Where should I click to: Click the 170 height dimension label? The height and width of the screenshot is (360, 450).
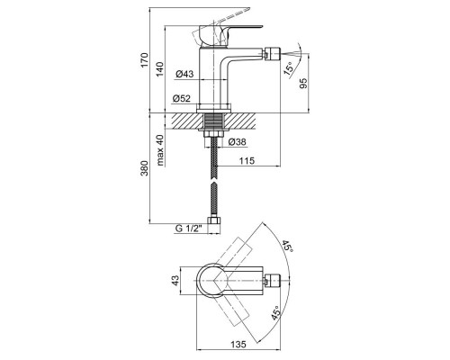pos(145,60)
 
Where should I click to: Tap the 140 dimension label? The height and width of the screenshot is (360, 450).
pos(160,69)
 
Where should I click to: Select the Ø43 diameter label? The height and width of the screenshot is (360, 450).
pos(184,74)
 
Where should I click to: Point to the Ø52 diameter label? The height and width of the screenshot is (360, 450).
pos(182,98)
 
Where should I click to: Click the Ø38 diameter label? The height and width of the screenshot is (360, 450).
pos(237,142)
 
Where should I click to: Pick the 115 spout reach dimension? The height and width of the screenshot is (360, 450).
pos(247,161)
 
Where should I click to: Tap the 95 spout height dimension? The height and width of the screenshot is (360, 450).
pos(303,83)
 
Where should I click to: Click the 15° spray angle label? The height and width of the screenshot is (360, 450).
pos(289,68)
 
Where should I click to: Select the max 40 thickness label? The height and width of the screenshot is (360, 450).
pos(160,150)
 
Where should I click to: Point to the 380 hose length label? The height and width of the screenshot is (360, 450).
pos(145,168)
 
